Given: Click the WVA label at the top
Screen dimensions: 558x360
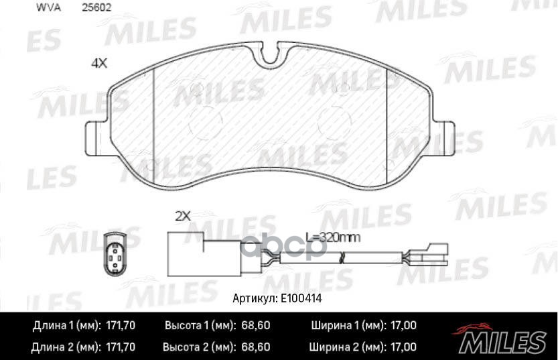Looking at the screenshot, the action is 48,7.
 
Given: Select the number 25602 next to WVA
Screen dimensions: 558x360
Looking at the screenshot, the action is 96,7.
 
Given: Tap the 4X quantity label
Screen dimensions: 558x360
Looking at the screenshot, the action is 99,64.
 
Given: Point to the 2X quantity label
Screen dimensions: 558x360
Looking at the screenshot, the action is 183,216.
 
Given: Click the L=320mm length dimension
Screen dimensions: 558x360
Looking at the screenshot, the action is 334,237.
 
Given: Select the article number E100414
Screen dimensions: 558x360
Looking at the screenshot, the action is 301,298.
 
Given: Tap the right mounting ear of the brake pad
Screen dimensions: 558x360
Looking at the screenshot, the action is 444,138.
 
